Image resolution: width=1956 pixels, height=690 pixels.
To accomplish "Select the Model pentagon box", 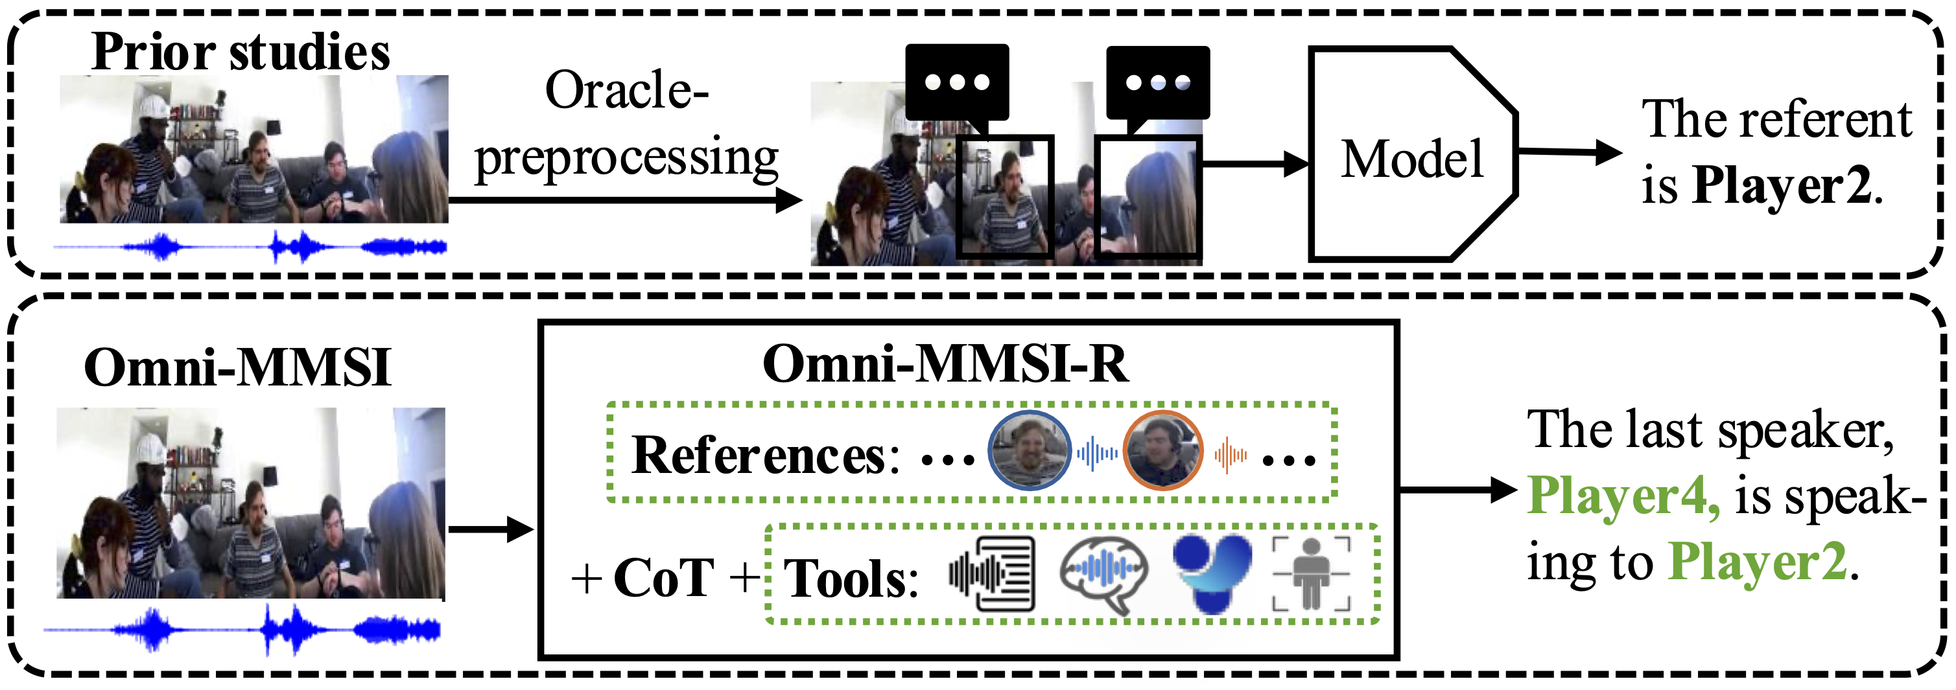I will tap(1411, 155).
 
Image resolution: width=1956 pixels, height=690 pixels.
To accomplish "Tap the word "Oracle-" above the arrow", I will tap(626, 90).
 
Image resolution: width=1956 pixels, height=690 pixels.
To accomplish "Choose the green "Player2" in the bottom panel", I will tap(1757, 562).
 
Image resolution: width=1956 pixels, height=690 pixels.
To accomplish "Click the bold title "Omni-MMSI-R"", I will tap(945, 363).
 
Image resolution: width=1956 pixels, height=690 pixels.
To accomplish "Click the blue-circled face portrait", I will tap(1029, 451).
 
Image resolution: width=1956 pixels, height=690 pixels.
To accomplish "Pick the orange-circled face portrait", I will tap(1162, 451).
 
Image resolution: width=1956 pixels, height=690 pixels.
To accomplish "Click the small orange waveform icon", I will tap(1230, 455).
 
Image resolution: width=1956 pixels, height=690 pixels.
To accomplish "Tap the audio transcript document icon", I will tap(993, 573).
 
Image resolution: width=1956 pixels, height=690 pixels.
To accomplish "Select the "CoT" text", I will tap(663, 578).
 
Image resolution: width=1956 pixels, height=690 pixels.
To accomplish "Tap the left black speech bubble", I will tap(957, 82).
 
